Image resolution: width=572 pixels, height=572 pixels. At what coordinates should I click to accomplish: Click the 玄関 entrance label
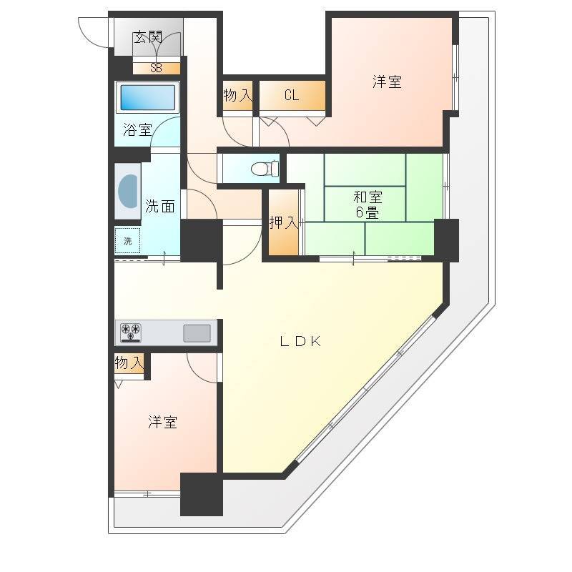pos(148,37)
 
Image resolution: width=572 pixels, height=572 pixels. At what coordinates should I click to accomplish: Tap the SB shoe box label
pos(156,68)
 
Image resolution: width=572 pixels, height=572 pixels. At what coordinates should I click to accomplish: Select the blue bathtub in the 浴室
pos(147,97)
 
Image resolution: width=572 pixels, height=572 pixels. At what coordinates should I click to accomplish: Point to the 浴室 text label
pos(137,129)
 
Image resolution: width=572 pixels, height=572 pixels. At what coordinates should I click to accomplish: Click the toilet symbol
pos(265,169)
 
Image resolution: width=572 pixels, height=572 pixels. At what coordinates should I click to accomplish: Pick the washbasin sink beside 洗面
pos(128,191)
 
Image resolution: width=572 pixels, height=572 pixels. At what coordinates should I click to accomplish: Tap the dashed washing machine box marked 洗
pos(128,240)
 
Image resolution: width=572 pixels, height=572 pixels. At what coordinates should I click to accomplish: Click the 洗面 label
pos(159,207)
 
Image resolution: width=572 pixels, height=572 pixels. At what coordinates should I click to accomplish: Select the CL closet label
pos(292,96)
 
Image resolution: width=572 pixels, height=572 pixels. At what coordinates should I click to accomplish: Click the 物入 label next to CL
pos(238,96)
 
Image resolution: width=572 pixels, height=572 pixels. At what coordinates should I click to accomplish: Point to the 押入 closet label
pos(284,222)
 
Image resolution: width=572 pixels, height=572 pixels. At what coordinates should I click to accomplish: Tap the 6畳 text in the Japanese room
pos(368,212)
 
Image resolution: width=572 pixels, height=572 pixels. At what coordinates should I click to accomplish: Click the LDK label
pos(300,342)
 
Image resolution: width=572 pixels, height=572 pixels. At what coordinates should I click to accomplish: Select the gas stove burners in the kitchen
pos(131,332)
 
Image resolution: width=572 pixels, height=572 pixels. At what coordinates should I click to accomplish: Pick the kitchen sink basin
pos(197,333)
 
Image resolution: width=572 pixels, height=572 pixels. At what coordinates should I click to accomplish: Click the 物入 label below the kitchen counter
pos(129,363)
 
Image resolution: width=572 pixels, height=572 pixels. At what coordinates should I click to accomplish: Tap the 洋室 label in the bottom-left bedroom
pos(163,422)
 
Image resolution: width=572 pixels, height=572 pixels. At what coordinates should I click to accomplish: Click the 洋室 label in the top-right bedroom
pos(387,82)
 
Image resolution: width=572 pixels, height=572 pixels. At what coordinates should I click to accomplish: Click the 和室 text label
pos(368,197)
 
